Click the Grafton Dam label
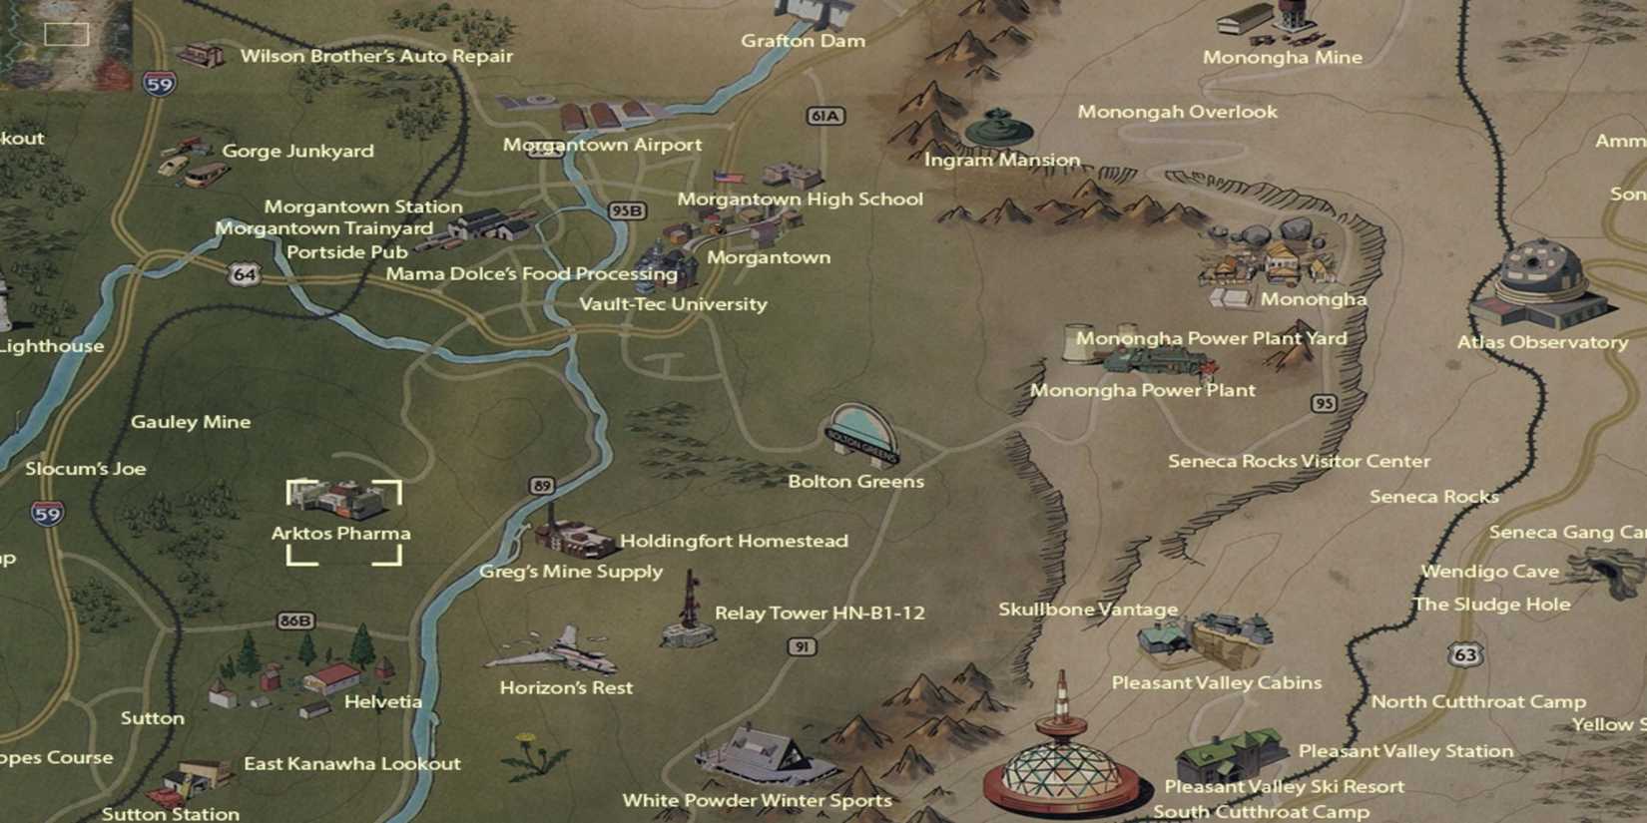pyautogui.click(x=803, y=41)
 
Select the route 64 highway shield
pyautogui.click(x=245, y=273)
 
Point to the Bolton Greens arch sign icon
pyautogui.click(x=861, y=435)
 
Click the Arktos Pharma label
pyautogui.click(x=341, y=534)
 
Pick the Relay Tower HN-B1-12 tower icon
pyautogui.click(x=688, y=610)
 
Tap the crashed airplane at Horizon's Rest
pyautogui.click(x=553, y=651)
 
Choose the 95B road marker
pyautogui.click(x=627, y=211)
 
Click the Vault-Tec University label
pyautogui.click(x=673, y=304)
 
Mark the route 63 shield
pyautogui.click(x=1464, y=654)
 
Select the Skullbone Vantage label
pyautogui.click(x=1088, y=610)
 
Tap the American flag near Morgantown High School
pyautogui.click(x=729, y=178)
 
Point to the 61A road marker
pyautogui.click(x=824, y=116)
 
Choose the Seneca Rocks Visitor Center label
pyautogui.click(x=1299, y=461)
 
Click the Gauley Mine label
pyautogui.click(x=191, y=422)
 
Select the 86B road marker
pyautogui.click(x=295, y=620)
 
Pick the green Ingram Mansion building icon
pyautogui.click(x=997, y=128)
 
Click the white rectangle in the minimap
pyautogui.click(x=67, y=35)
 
